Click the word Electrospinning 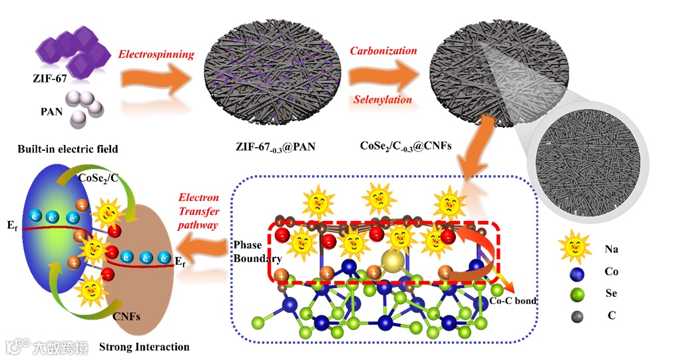[x=156, y=54]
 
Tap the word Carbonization [x=383, y=51]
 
